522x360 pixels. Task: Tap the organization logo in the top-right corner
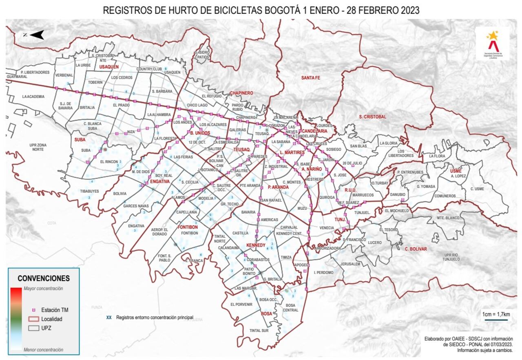[493, 43]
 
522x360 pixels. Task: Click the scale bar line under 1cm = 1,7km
[496, 320]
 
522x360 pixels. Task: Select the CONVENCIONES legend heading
[44, 278]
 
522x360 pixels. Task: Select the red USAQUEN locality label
[109, 66]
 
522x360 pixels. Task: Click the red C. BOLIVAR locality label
[416, 249]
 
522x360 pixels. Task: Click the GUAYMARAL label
[17, 76]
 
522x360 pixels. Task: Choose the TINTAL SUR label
[259, 331]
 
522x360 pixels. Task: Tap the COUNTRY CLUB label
[149, 69]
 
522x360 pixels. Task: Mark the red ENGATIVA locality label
[159, 181]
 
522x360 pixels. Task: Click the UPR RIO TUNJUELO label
[452, 257]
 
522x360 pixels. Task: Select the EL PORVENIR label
[241, 304]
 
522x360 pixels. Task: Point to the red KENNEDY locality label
[256, 245]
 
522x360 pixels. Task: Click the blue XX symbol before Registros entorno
[109, 317]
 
